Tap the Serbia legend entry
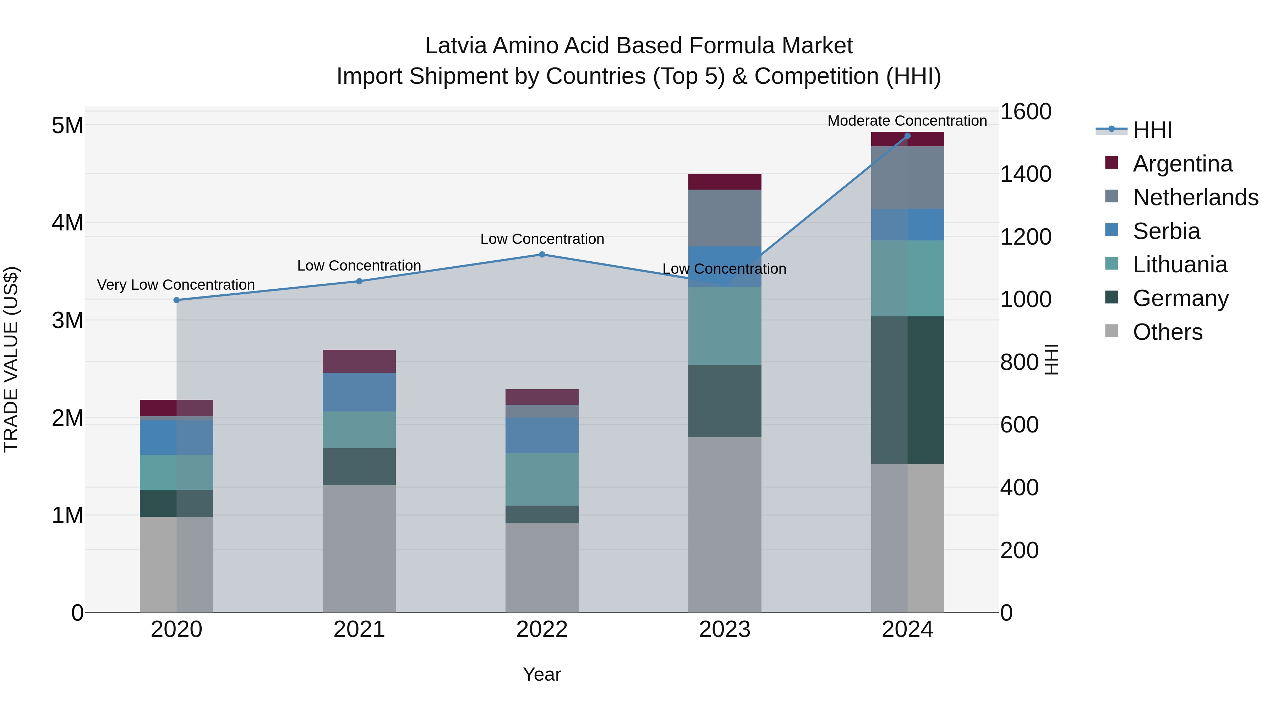(x=1166, y=231)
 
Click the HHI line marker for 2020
(x=177, y=300)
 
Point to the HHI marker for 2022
(x=542, y=255)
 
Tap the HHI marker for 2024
(x=907, y=136)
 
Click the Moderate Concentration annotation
(x=907, y=121)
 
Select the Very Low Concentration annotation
(x=176, y=285)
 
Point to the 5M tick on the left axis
(x=67, y=126)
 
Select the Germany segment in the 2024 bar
(x=907, y=390)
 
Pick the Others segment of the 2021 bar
(x=359, y=548)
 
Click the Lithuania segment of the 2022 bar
(x=542, y=479)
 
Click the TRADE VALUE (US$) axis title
(x=11, y=359)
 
